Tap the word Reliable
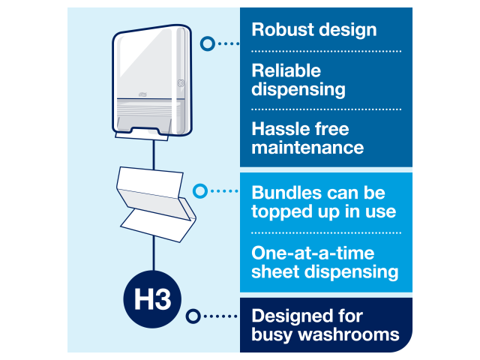(286, 70)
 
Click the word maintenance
(307, 148)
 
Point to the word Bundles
(286, 193)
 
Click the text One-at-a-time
(313, 253)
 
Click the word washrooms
(349, 334)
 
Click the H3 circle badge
(152, 299)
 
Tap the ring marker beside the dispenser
(208, 43)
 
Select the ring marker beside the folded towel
(200, 191)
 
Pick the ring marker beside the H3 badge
(193, 316)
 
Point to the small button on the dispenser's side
(181, 83)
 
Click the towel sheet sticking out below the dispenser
(142, 136)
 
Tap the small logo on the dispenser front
(142, 94)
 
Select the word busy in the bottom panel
(272, 335)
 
